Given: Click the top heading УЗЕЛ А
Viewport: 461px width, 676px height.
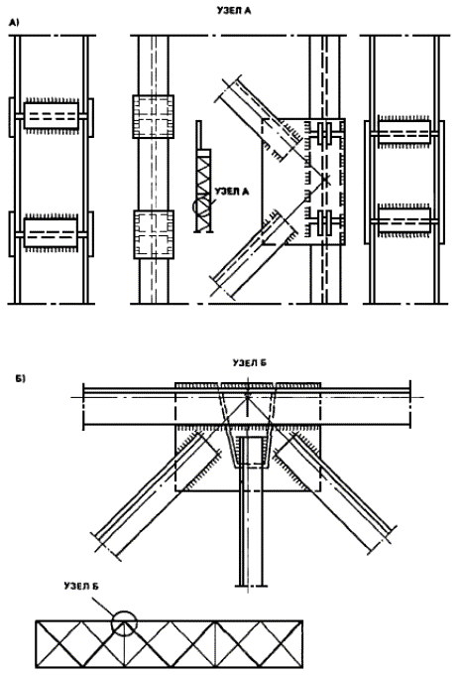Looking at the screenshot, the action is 234,11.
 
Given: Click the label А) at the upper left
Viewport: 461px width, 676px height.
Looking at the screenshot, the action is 14,23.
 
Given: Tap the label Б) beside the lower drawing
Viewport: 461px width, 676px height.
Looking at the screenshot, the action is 21,379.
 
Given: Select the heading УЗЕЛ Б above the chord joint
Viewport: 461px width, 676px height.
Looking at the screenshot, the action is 250,363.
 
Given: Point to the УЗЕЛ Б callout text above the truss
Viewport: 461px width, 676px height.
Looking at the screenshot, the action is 81,586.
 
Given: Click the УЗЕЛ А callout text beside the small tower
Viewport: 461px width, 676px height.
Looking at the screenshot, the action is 232,191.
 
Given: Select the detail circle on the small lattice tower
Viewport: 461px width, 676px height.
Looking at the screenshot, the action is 201,206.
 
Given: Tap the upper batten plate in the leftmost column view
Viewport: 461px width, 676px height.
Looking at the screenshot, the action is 52,115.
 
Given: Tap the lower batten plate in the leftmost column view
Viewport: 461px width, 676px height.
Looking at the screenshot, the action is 52,233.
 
